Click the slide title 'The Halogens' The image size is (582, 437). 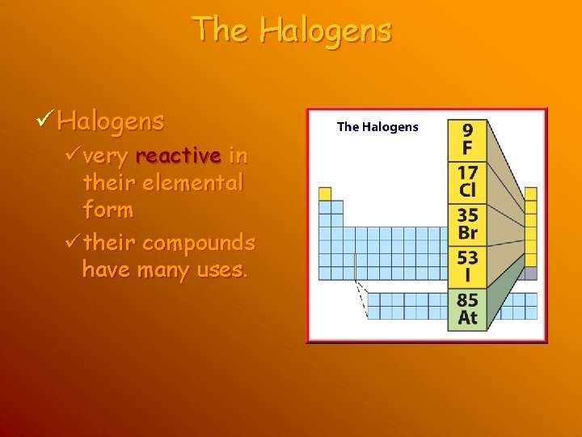292,31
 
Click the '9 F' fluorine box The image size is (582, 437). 467,139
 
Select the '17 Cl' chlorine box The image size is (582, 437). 467,181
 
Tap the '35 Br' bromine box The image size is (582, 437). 467,224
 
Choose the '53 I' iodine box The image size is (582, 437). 467,266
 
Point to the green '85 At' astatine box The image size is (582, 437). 467,308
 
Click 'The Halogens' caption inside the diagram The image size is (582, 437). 377,127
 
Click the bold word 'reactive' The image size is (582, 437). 179,155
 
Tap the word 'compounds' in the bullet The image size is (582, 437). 198,242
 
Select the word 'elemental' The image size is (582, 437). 192,183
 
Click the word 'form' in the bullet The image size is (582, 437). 108,210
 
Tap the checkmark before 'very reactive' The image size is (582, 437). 70,155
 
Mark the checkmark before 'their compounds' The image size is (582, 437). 70,242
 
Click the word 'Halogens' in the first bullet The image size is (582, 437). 111,121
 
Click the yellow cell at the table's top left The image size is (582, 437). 325,193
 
